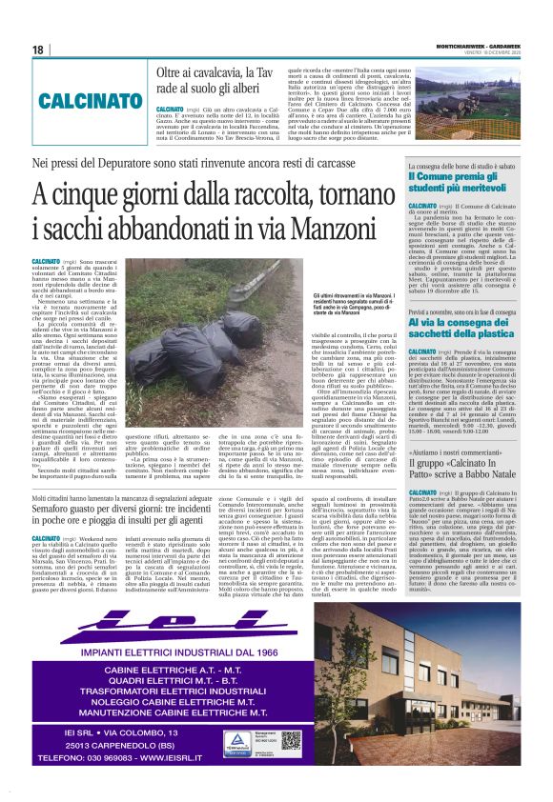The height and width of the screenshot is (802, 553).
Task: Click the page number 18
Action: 37,50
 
